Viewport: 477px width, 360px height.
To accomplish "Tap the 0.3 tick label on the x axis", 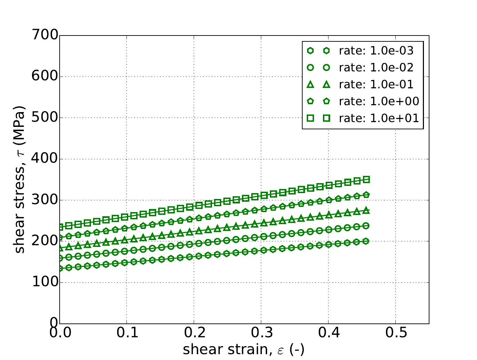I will point(261,333).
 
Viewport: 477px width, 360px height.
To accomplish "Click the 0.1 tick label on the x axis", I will point(127,333).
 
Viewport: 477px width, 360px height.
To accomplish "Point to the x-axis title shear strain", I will point(244,350).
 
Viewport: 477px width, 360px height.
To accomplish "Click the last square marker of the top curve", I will point(366,180).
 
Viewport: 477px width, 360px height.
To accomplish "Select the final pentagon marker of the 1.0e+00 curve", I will point(366,195).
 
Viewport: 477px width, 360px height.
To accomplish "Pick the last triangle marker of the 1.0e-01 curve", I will point(366,210).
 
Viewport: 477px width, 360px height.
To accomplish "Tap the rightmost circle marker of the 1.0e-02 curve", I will point(366,226).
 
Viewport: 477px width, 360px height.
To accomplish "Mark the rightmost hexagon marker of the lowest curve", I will point(366,241).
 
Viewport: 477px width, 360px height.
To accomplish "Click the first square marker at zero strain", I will point(60,227).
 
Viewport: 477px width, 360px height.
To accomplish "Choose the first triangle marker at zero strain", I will point(60,248).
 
